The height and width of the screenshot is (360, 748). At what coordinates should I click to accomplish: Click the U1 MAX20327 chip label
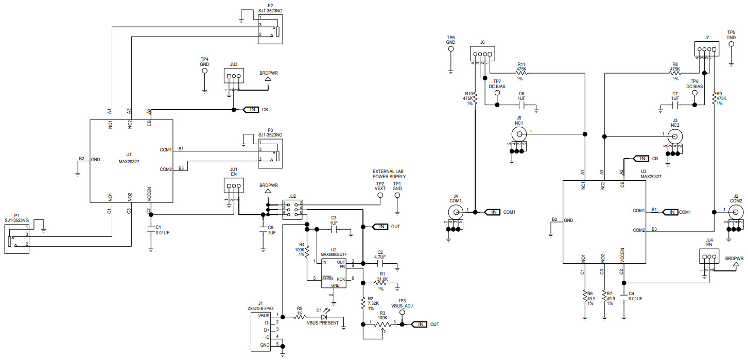coord(129,158)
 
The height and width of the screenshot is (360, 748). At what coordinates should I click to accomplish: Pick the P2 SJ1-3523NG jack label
coord(270,7)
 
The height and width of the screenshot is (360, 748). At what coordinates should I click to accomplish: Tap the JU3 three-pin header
coord(233,77)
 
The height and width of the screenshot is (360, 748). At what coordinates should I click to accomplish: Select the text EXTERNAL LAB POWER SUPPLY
coord(388,174)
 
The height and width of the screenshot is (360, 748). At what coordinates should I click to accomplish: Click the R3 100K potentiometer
coord(381,324)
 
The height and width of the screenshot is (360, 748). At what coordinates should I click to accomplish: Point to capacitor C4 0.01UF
coord(625,296)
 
